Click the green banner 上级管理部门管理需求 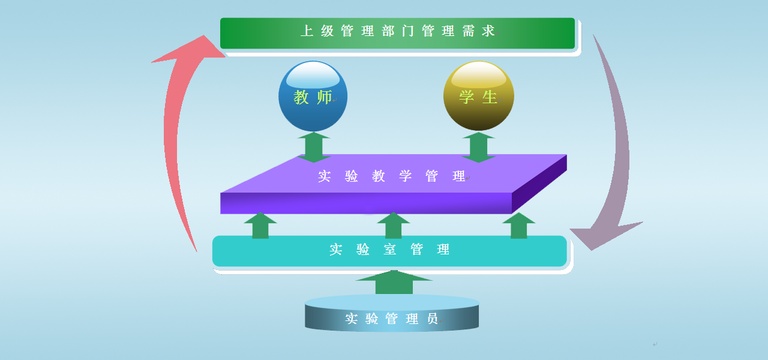click(397, 33)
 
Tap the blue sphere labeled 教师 click(313, 96)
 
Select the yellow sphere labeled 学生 click(479, 95)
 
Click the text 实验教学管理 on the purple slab click(392, 176)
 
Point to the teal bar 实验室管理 click(389, 251)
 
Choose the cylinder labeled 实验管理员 click(392, 313)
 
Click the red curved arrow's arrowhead click(192, 49)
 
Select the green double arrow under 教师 click(314, 147)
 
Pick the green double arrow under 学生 click(479, 147)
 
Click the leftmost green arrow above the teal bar click(260, 225)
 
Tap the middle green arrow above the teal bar click(393, 225)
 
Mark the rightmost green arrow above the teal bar click(519, 225)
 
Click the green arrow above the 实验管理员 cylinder click(394, 282)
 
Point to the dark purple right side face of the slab click(539, 184)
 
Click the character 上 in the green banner click(307, 31)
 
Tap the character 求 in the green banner click(488, 31)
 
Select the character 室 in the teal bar click(389, 249)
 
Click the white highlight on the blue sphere click(313, 76)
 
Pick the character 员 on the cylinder click(432, 319)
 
